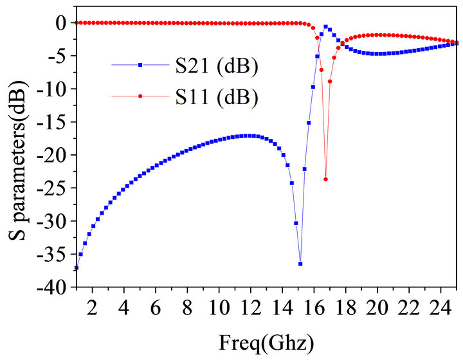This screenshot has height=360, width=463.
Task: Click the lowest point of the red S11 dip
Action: (x=325, y=179)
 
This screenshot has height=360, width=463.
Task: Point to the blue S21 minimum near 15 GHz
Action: (x=300, y=264)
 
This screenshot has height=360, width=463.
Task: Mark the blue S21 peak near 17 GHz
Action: (x=325, y=27)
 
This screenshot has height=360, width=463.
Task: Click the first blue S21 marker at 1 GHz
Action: (x=76, y=267)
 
